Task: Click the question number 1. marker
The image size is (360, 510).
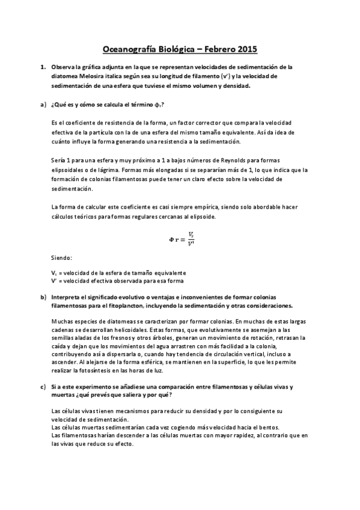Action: click(x=43, y=67)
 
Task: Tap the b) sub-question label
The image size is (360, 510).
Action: click(x=43, y=297)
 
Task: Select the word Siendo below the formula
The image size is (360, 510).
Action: click(x=62, y=258)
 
